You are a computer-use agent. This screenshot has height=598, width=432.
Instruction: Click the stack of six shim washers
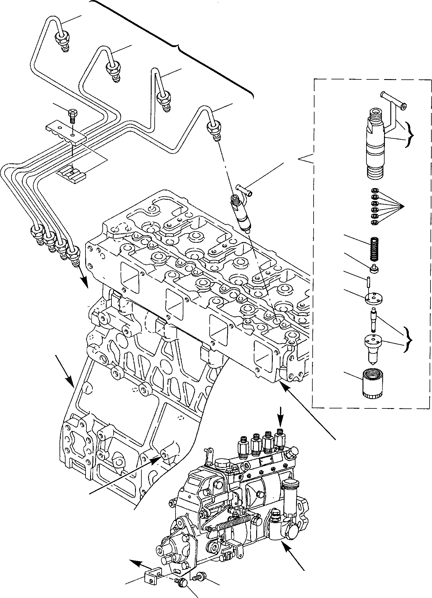pyautogui.click(x=374, y=206)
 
